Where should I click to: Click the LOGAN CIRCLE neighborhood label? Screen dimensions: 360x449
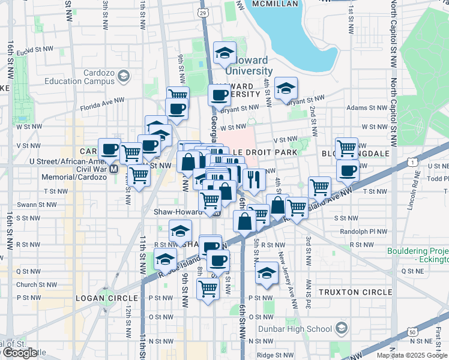[100, 298]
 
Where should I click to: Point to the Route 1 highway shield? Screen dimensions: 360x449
[412, 161]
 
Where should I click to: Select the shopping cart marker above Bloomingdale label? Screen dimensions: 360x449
[346, 148]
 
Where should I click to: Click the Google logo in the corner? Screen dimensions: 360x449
[19, 353]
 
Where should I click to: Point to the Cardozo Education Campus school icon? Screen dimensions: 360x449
[123, 76]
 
